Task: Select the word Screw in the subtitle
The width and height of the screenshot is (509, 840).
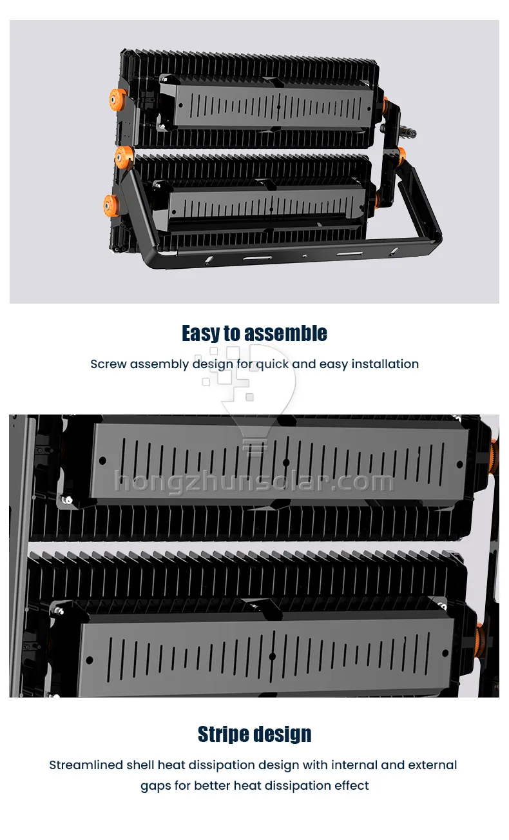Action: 108,364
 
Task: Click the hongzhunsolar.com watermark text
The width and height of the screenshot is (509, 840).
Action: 254,481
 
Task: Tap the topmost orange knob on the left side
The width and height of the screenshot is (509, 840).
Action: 118,99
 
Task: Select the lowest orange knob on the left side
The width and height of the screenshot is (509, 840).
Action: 111,206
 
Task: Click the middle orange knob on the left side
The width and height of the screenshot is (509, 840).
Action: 124,157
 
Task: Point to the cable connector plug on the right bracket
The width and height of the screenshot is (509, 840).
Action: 408,133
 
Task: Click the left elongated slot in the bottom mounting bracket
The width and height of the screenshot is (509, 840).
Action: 258,258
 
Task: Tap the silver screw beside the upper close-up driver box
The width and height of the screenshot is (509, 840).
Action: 68,500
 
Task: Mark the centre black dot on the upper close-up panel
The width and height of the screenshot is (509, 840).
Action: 286,463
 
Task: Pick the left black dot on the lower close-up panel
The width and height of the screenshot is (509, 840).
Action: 90,660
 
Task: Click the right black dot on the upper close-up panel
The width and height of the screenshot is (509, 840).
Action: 460,465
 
